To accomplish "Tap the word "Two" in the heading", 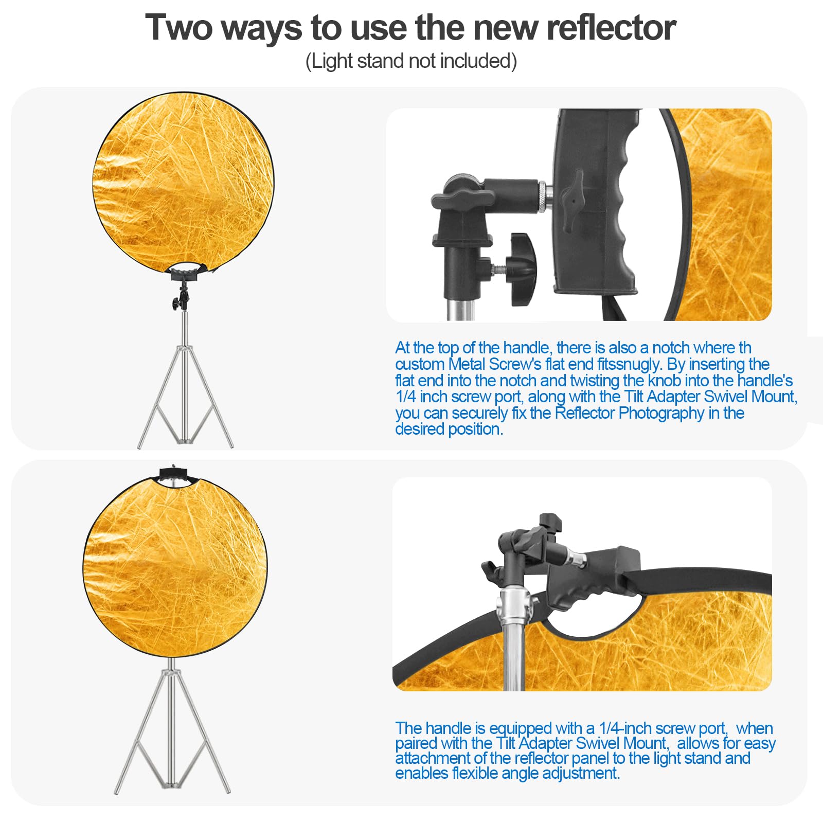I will point(178,28).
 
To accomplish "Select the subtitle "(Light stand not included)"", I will point(411,61).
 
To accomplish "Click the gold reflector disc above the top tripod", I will point(183,180).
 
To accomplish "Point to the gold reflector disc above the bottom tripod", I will point(175,566).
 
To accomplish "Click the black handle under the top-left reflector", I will point(188,271).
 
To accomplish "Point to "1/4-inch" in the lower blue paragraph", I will point(625,728).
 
